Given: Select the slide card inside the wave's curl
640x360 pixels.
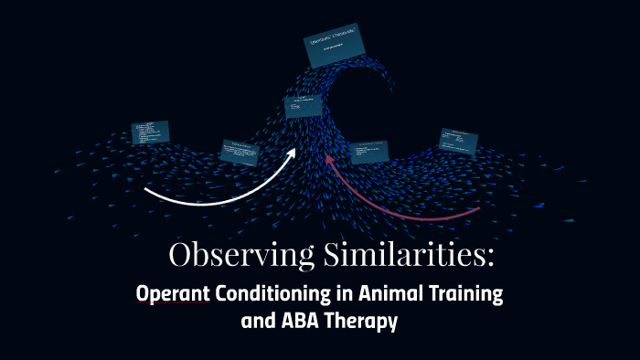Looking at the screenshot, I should coord(302,107).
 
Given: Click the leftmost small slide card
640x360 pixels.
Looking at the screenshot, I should coord(151,132).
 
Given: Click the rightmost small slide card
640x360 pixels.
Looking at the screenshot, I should coord(459,140).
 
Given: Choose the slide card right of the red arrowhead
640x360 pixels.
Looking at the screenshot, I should coord(369,151).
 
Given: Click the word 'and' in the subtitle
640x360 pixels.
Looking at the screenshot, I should coord(255,322).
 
